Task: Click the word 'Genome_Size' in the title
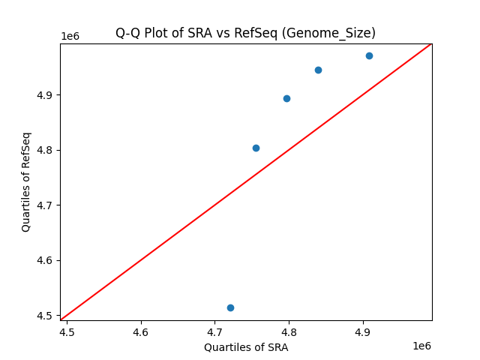tap(338, 33)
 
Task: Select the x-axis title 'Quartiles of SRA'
tap(246, 347)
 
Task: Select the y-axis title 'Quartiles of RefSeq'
tap(26, 181)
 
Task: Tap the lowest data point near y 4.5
tap(230, 307)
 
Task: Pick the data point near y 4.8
tap(256, 148)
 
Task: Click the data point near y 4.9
tap(286, 98)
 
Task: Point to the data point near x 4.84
tap(318, 70)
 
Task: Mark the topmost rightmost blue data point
tap(369, 55)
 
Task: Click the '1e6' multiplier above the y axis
tap(70, 36)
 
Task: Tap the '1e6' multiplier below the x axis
tap(421, 346)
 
